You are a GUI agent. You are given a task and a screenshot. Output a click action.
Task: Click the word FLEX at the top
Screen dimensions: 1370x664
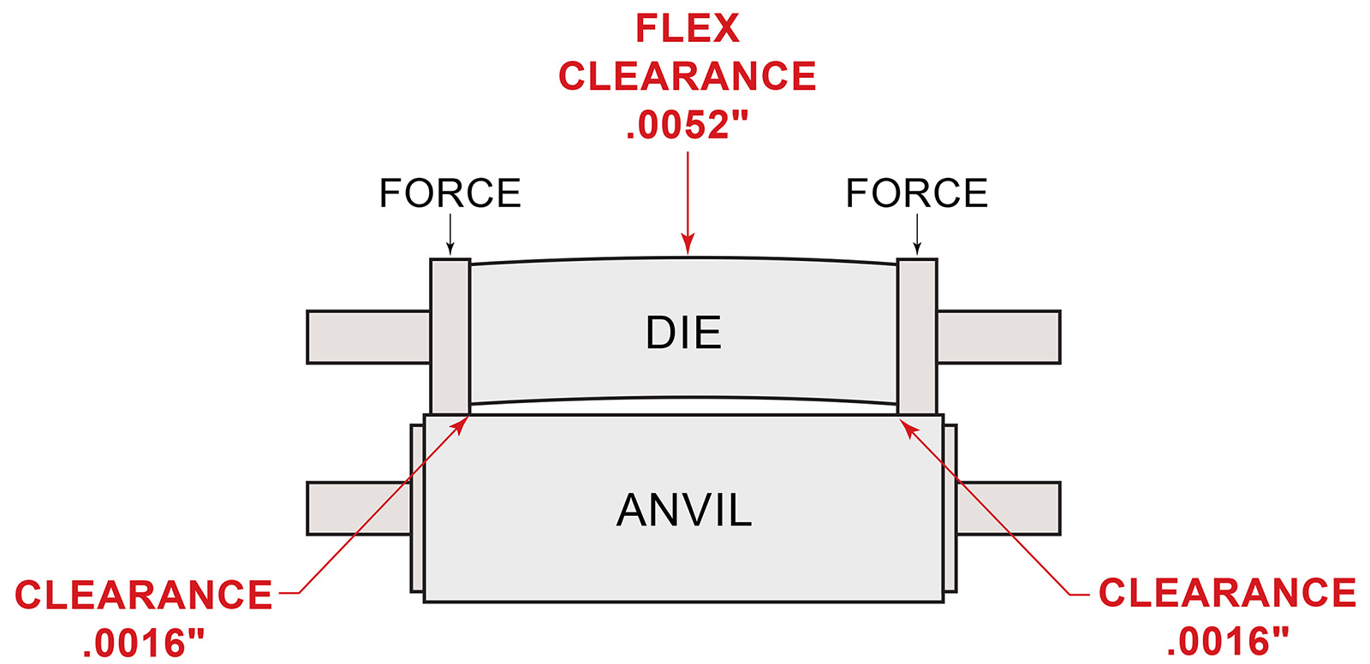[688, 28]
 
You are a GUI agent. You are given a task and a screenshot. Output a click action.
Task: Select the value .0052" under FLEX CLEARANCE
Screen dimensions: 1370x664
[688, 125]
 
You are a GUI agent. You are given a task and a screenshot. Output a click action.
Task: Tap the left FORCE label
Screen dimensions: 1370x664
[450, 193]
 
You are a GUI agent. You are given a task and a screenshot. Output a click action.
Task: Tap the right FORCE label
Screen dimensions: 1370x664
[917, 193]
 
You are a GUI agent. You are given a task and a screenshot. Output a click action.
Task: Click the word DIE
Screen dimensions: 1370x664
[684, 333]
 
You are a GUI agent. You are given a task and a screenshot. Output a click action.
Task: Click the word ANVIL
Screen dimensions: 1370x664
[684, 510]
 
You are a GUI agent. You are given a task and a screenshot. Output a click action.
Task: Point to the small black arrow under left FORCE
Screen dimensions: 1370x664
[450, 234]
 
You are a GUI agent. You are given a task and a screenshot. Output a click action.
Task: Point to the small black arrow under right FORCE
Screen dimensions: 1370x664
[917, 234]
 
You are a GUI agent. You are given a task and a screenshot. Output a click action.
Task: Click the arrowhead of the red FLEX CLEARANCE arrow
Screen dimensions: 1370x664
[688, 244]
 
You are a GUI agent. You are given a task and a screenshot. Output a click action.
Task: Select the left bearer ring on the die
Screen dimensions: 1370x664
[450, 337]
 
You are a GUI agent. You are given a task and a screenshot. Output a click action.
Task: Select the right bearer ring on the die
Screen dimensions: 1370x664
[917, 337]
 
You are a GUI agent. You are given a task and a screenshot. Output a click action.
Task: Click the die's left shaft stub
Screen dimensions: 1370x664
[369, 337]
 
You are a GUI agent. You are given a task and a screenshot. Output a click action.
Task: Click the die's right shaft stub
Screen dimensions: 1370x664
[998, 337]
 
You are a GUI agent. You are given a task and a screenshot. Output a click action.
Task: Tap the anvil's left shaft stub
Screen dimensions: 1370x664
[359, 509]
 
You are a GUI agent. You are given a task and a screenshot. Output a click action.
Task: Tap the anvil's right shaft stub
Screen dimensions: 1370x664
[1009, 509]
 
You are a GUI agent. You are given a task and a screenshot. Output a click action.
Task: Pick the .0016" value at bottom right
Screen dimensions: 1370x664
[1228, 642]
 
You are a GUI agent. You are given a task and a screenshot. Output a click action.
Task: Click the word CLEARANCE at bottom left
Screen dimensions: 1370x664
[144, 595]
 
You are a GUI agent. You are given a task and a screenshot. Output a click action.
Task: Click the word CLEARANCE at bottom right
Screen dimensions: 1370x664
[1228, 593]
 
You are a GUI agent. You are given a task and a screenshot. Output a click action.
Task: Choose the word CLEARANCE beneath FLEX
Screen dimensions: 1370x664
[688, 76]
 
